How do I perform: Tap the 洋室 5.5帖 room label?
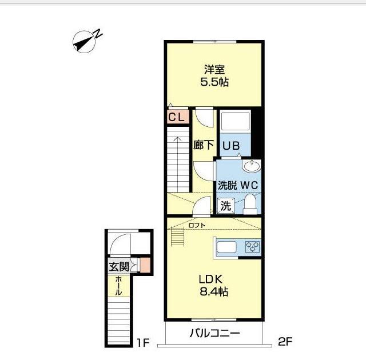point(214,75)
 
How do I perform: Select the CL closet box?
point(178,117)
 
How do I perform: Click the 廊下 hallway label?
point(204,145)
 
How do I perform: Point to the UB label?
point(231,146)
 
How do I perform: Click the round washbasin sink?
point(252,166)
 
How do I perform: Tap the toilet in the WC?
point(250,204)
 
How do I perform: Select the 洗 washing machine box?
point(226,206)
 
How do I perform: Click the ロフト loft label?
point(197,225)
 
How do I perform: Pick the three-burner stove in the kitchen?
point(253,247)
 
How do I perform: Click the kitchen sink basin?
point(226,247)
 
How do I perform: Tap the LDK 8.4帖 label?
point(214,285)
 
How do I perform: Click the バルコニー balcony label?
point(214,333)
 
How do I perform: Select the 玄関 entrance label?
point(120,266)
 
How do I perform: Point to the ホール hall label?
point(118,286)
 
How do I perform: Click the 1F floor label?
point(142,343)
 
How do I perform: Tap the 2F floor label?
point(285,342)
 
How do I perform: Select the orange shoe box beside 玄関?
point(145,265)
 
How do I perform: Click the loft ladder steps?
point(178,237)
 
